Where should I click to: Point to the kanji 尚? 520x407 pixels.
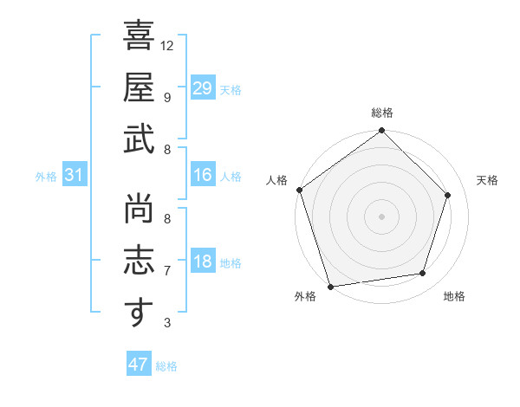pyautogui.click(x=139, y=208)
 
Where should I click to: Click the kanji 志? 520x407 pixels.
pyautogui.click(x=139, y=261)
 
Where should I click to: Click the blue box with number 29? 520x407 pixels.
pyautogui.click(x=203, y=88)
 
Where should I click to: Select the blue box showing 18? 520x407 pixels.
pyautogui.click(x=203, y=262)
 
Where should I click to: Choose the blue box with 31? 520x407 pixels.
pyautogui.click(x=75, y=176)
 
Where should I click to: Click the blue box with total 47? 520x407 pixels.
pyautogui.click(x=139, y=365)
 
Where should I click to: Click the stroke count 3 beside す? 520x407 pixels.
pyautogui.click(x=167, y=323)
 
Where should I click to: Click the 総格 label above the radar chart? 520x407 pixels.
pyautogui.click(x=382, y=113)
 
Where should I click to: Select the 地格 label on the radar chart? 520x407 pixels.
pyautogui.click(x=454, y=296)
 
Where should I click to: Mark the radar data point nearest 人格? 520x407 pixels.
pyautogui.click(x=300, y=190)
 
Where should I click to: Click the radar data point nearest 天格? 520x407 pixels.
pyautogui.click(x=448, y=195)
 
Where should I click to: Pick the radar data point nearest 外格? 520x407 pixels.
pyautogui.click(x=331, y=287)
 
